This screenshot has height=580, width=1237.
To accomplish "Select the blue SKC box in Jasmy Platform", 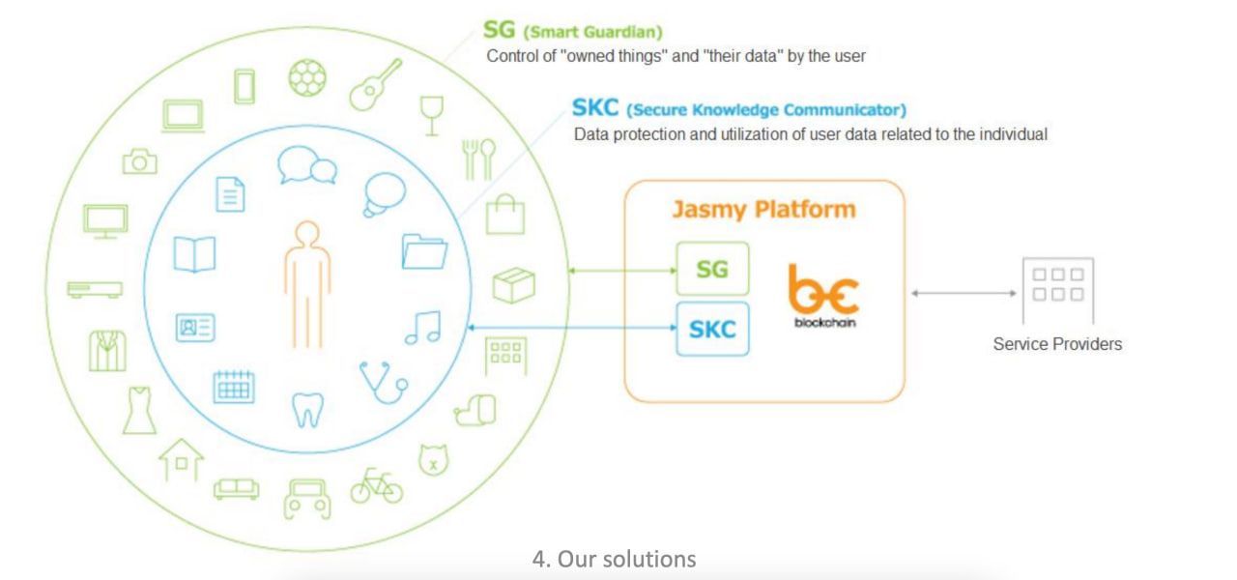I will pos(712,329).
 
